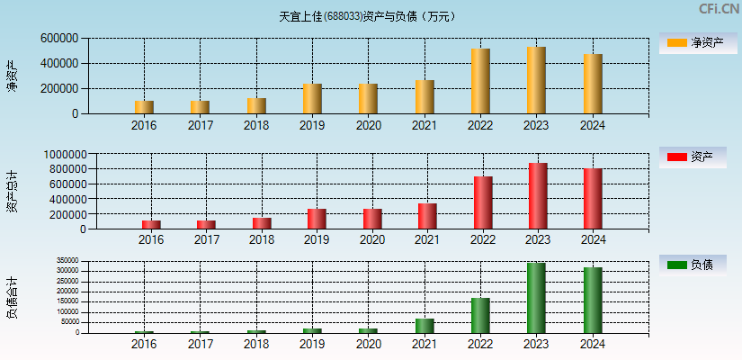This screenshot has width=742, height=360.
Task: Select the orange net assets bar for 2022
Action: click(x=480, y=81)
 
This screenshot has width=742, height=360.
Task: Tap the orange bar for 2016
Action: click(x=144, y=107)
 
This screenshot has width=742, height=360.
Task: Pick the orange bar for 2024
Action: click(x=593, y=84)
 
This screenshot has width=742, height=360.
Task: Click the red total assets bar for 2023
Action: click(x=538, y=196)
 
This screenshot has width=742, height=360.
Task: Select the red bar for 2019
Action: click(x=317, y=219)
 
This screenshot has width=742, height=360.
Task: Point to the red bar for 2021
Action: click(x=427, y=216)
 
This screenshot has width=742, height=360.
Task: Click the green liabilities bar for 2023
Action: click(x=536, y=298)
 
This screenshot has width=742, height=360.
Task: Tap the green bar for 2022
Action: click(x=480, y=315)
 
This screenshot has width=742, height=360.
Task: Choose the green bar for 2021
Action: click(x=425, y=325)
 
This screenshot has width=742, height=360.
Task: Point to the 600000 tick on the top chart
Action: click(x=58, y=39)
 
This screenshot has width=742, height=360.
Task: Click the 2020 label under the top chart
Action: click(x=368, y=125)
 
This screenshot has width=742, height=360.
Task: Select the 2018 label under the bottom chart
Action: click(x=256, y=344)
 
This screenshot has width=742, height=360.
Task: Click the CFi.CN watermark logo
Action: click(x=719, y=9)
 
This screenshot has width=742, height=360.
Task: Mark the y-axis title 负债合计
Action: click(x=13, y=298)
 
